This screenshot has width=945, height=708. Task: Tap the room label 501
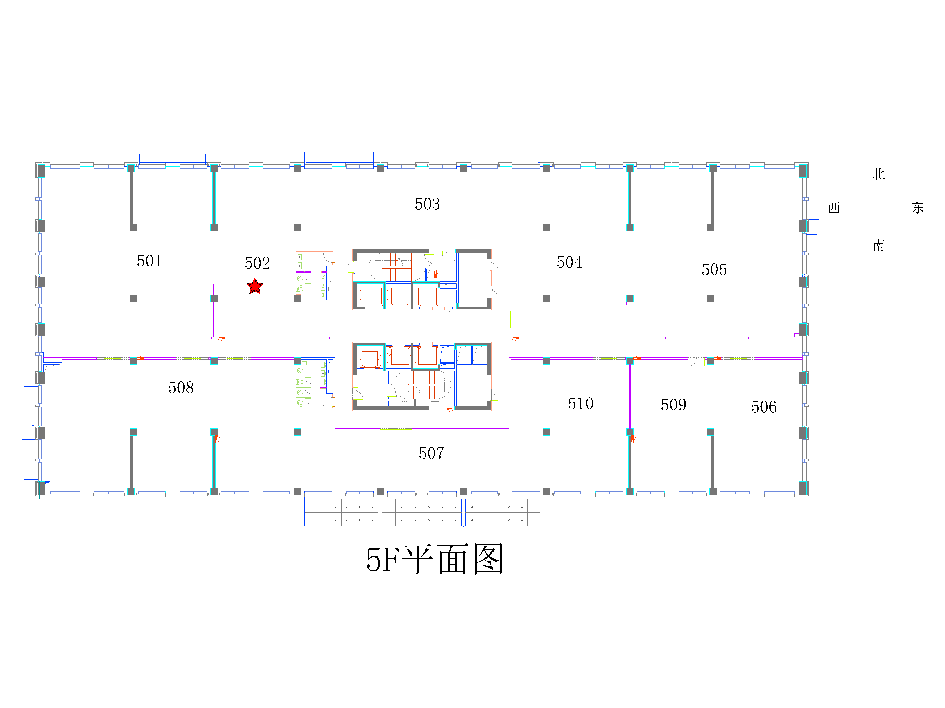pyautogui.click(x=149, y=261)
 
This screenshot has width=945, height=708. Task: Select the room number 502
pyautogui.click(x=257, y=263)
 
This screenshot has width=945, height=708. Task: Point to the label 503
pyautogui.click(x=427, y=204)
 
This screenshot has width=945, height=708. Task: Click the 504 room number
pyautogui.click(x=569, y=262)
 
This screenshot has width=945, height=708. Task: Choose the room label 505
pyautogui.click(x=714, y=269)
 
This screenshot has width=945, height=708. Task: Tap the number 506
pyautogui.click(x=764, y=407)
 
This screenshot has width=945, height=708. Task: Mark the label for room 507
pyautogui.click(x=431, y=453)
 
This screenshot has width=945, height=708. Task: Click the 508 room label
pyautogui.click(x=181, y=388)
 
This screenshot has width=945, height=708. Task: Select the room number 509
pyautogui.click(x=673, y=405)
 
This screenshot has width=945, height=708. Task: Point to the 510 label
pyautogui.click(x=581, y=403)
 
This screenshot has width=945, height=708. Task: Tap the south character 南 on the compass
pyautogui.click(x=878, y=245)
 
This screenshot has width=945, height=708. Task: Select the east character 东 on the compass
pyautogui.click(x=918, y=208)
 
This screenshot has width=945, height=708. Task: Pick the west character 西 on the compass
pyautogui.click(x=834, y=208)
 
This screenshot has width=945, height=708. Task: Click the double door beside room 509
pyautogui.click(x=697, y=362)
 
